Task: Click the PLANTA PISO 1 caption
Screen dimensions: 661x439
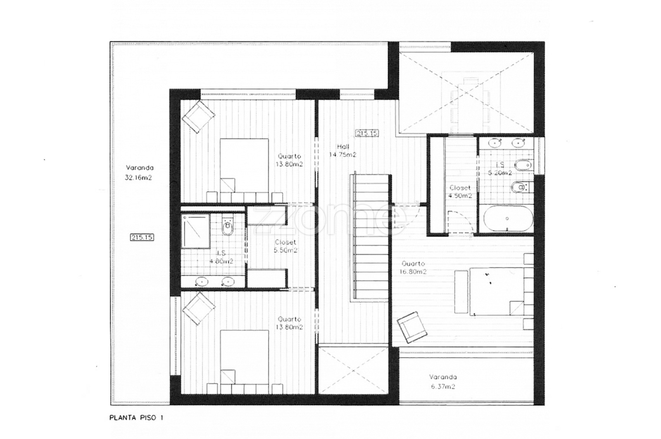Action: [136, 418]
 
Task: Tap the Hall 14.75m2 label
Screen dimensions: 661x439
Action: [342, 150]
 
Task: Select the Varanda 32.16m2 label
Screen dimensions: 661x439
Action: [139, 173]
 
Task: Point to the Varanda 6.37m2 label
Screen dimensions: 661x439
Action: [442, 382]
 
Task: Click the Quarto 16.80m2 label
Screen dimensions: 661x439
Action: [413, 268]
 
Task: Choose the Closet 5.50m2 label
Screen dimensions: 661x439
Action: [285, 246]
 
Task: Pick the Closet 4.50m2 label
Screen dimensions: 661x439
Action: [460, 192]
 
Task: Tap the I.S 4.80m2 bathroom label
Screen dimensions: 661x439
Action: [221, 257]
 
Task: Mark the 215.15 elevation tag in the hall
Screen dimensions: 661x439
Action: [367, 133]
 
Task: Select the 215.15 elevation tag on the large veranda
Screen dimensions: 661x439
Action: [142, 237]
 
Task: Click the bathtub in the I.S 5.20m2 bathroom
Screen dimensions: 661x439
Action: [509, 219]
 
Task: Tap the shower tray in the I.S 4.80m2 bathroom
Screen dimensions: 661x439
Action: [195, 231]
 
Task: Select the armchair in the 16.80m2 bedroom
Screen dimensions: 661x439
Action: [412, 327]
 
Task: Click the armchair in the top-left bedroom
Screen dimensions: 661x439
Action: [198, 117]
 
